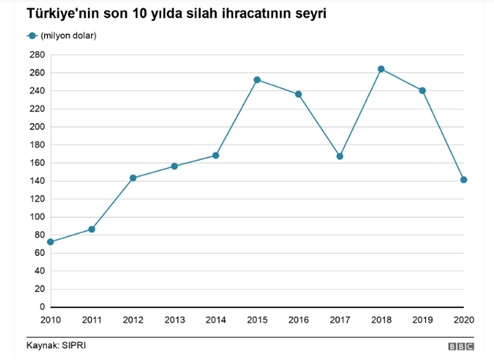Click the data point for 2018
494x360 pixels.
381,69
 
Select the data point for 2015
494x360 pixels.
257,80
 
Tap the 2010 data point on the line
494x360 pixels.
50,242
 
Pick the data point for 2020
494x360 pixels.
464,180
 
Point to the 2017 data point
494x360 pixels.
340,156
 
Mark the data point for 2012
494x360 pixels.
133,178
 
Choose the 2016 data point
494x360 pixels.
299,94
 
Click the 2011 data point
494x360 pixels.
92,229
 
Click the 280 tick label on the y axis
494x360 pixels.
37,55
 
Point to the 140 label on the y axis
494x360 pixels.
37,181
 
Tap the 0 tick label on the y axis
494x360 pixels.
42,307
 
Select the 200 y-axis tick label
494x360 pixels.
37,127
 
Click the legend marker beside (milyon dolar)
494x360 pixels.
32,36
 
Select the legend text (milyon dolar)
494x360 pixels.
69,36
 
